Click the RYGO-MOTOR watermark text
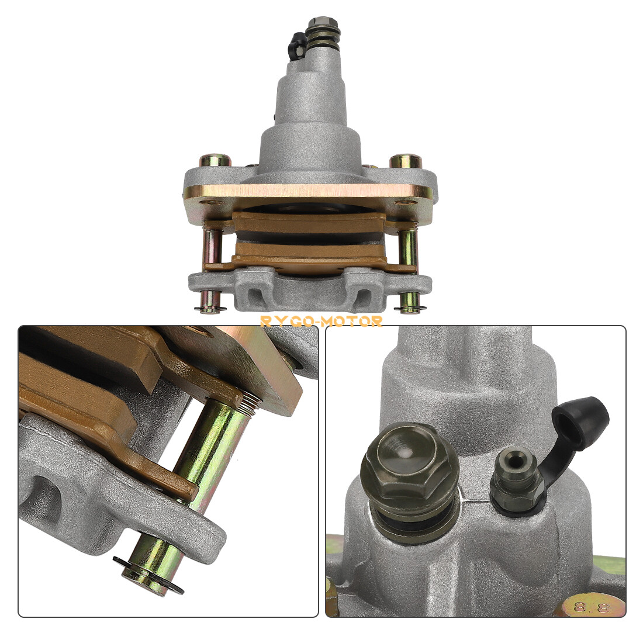click(321, 321)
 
